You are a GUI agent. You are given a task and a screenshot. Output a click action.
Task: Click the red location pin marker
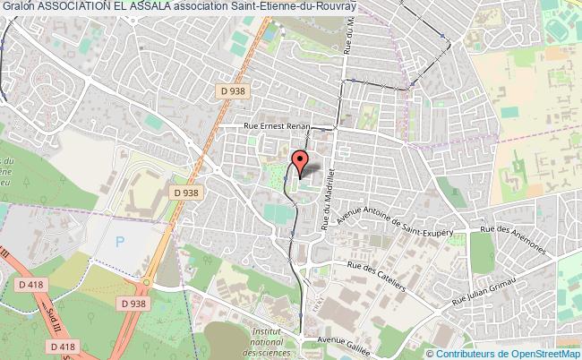coord(301,163)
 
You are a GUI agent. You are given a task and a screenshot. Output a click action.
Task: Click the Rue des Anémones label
coord(507,241)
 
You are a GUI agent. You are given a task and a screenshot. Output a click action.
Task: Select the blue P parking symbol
coord(122,241)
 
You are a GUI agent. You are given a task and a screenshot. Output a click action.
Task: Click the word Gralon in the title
coord(18,6)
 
